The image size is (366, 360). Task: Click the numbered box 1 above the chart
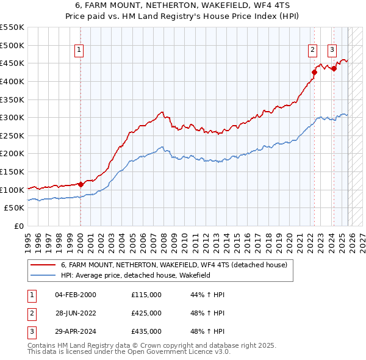pos(81,51)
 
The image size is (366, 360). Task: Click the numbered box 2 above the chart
pos(312,51)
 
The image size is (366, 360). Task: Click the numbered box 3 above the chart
pos(332,51)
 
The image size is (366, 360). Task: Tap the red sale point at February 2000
pos(81,184)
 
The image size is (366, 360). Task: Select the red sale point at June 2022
pos(314,73)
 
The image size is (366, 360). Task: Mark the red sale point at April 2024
pos(334,69)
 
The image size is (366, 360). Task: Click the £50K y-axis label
pos(14,207)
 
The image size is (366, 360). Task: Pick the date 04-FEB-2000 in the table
pos(75,295)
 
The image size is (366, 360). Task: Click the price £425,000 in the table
pos(146,313)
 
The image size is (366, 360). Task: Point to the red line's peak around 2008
pos(162,112)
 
